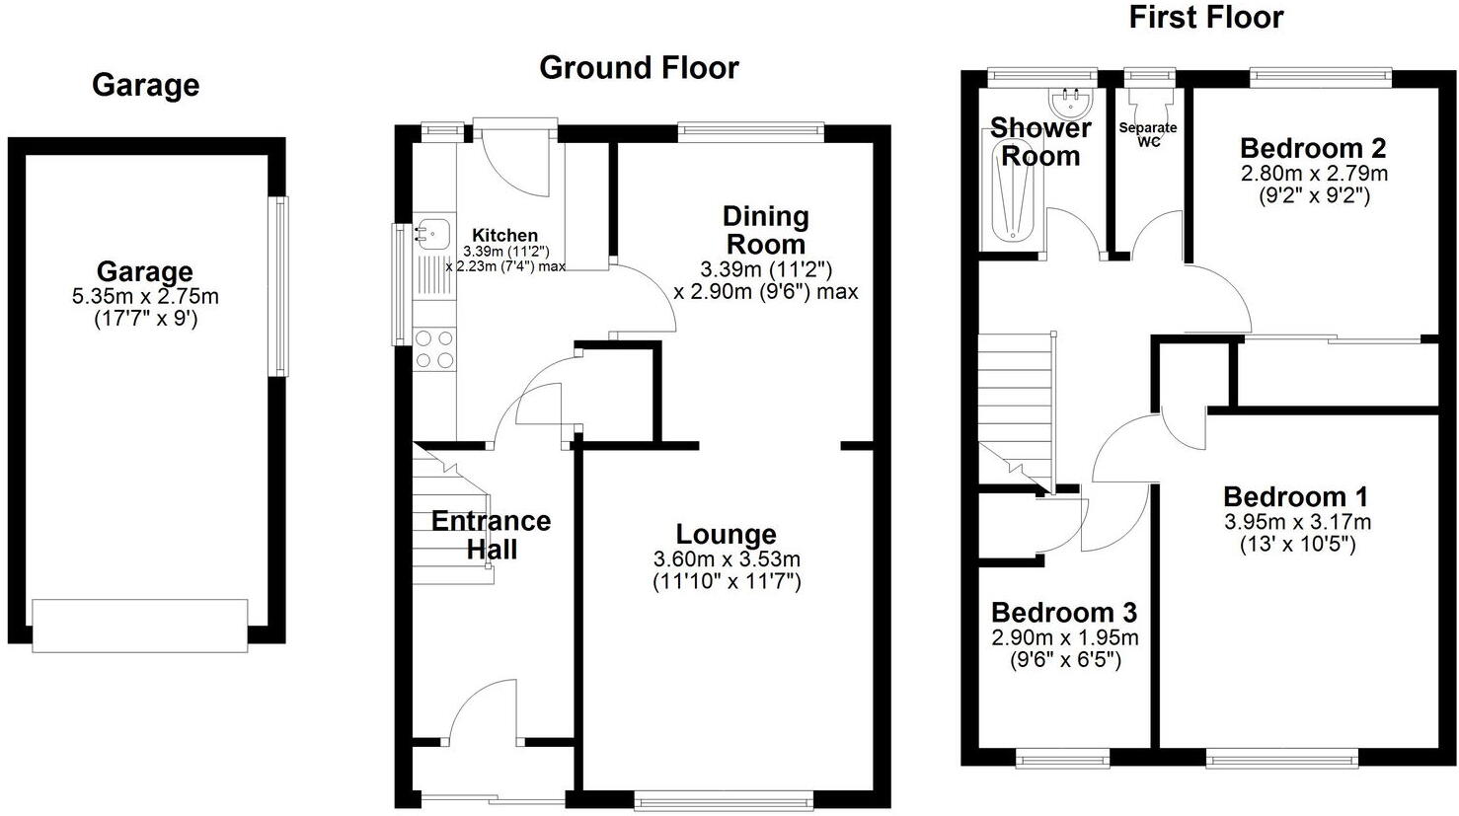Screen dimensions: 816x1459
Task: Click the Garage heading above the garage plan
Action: tap(145, 86)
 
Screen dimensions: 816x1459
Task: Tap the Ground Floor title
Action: tap(639, 68)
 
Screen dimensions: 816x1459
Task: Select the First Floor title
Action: tap(1205, 18)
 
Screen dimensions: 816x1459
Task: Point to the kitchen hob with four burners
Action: tap(434, 348)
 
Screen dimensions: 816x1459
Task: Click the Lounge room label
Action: tap(727, 535)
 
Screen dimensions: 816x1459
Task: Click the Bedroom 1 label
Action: tap(1296, 496)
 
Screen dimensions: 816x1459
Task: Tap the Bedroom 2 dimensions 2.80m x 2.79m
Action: tap(1313, 174)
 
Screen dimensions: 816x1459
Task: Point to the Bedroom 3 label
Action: tap(1064, 613)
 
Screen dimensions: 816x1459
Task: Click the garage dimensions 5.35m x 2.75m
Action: tap(144, 296)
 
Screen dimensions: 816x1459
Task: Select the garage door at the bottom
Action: tap(139, 626)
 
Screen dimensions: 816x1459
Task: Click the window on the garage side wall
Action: tap(280, 286)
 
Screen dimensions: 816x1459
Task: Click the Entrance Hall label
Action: tap(491, 535)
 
